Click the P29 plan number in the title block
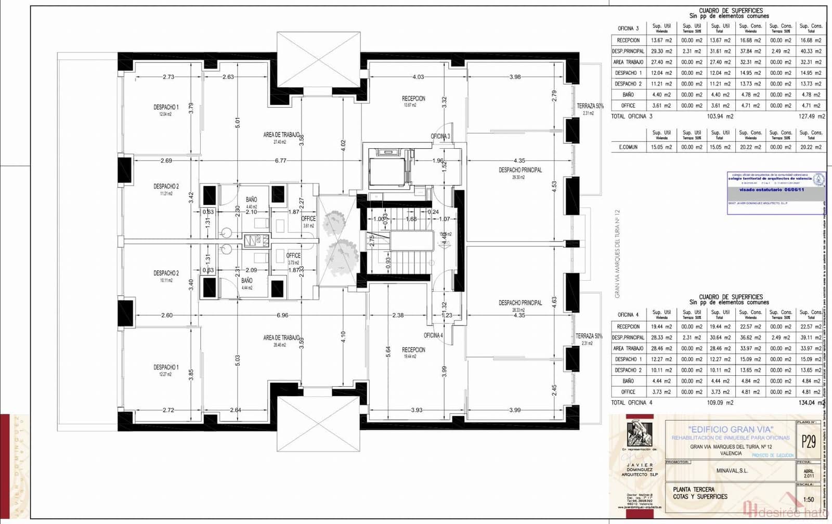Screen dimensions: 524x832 pyautogui.click(x=809, y=441)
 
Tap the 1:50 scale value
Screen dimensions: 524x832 pyautogui.click(x=809, y=500)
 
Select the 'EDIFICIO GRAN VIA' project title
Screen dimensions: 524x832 pyautogui.click(x=730, y=429)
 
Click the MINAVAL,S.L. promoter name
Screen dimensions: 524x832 pyautogui.click(x=732, y=470)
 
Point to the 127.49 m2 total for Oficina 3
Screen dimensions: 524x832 pyautogui.click(x=811, y=116)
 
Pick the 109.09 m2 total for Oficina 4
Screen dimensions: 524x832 pyautogui.click(x=720, y=403)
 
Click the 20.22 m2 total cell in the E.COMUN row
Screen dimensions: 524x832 pyautogui.click(x=811, y=147)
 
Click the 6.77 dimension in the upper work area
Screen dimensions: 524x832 pyautogui.click(x=280, y=161)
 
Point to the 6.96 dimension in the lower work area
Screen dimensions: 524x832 pyautogui.click(x=282, y=316)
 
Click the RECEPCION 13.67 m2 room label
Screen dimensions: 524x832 pyautogui.click(x=413, y=101)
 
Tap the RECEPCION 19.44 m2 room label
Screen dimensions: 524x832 pyautogui.click(x=413, y=352)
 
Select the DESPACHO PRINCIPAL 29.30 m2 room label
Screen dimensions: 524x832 pyautogui.click(x=520, y=173)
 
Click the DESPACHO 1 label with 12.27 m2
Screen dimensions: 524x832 pyautogui.click(x=166, y=370)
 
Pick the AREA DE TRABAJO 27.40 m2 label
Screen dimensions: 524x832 pyautogui.click(x=281, y=137)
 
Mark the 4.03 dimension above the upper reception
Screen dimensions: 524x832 pyautogui.click(x=418, y=77)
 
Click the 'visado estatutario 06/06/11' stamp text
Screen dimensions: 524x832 pyautogui.click(x=772, y=190)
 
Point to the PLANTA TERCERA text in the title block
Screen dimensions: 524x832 pyautogui.click(x=694, y=489)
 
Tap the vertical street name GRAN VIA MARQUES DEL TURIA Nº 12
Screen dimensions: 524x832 pyautogui.click(x=617, y=254)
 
